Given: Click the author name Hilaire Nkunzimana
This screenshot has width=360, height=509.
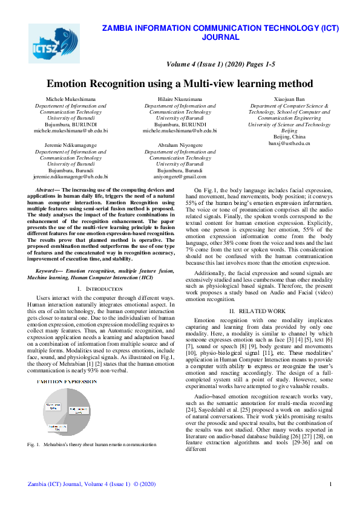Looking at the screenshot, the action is pos(180,99).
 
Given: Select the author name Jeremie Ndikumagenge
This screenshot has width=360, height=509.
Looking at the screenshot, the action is pos(71,145).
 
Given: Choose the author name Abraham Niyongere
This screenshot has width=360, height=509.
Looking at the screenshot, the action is pos(180,145).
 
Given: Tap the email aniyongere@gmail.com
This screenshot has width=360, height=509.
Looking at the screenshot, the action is pos(180,177).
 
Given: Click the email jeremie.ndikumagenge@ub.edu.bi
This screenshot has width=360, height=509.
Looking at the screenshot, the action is pos(71,177).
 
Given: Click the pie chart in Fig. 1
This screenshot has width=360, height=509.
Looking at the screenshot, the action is pos(64,412).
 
